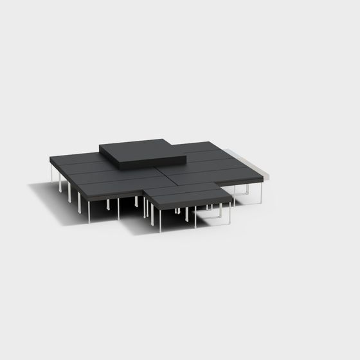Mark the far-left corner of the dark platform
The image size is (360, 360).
[x=50, y=158]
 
